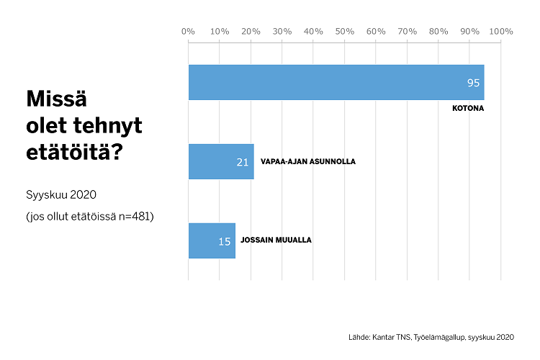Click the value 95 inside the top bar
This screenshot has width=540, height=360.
473,83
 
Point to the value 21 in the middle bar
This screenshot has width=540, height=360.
243,162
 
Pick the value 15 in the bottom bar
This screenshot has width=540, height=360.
225,241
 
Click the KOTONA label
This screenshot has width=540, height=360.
467,109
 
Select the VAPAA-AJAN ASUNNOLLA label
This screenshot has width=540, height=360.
307,161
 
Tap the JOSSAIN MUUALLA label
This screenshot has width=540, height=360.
276,240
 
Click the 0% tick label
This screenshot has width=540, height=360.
188,31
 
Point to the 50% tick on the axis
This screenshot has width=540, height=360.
345,31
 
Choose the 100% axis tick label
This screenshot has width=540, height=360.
501,31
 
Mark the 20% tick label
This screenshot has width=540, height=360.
251,31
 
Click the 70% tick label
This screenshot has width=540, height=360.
408,31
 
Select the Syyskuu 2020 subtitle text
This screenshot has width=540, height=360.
61,194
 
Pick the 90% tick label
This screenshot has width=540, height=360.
470,31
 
